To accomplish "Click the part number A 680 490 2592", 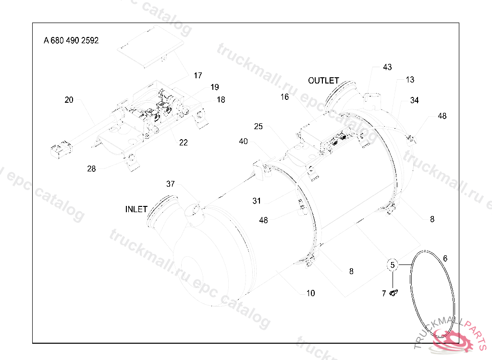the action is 71,41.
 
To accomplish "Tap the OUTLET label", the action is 323,81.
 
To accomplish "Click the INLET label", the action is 136,210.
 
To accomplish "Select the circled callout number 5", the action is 393,264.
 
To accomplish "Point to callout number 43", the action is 387,67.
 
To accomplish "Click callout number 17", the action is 198,75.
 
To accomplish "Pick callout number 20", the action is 69,100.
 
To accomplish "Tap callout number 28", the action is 91,168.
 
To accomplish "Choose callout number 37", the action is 171,184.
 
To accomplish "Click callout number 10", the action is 310,293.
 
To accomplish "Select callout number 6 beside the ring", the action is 445,259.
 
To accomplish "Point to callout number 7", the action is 384,293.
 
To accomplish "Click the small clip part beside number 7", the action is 394,293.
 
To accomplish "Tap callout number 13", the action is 410,80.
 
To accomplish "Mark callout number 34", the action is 414,100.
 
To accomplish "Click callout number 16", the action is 285,97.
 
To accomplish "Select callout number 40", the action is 244,141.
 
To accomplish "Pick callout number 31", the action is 257,200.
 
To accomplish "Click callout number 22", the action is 184,143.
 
